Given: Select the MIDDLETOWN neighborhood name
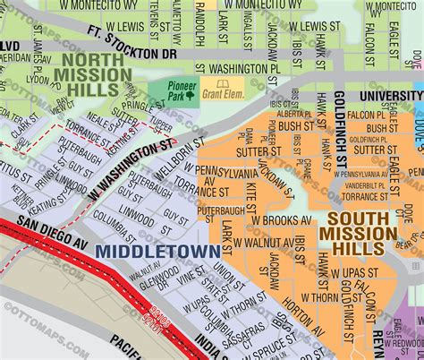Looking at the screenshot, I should click(x=157, y=252).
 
